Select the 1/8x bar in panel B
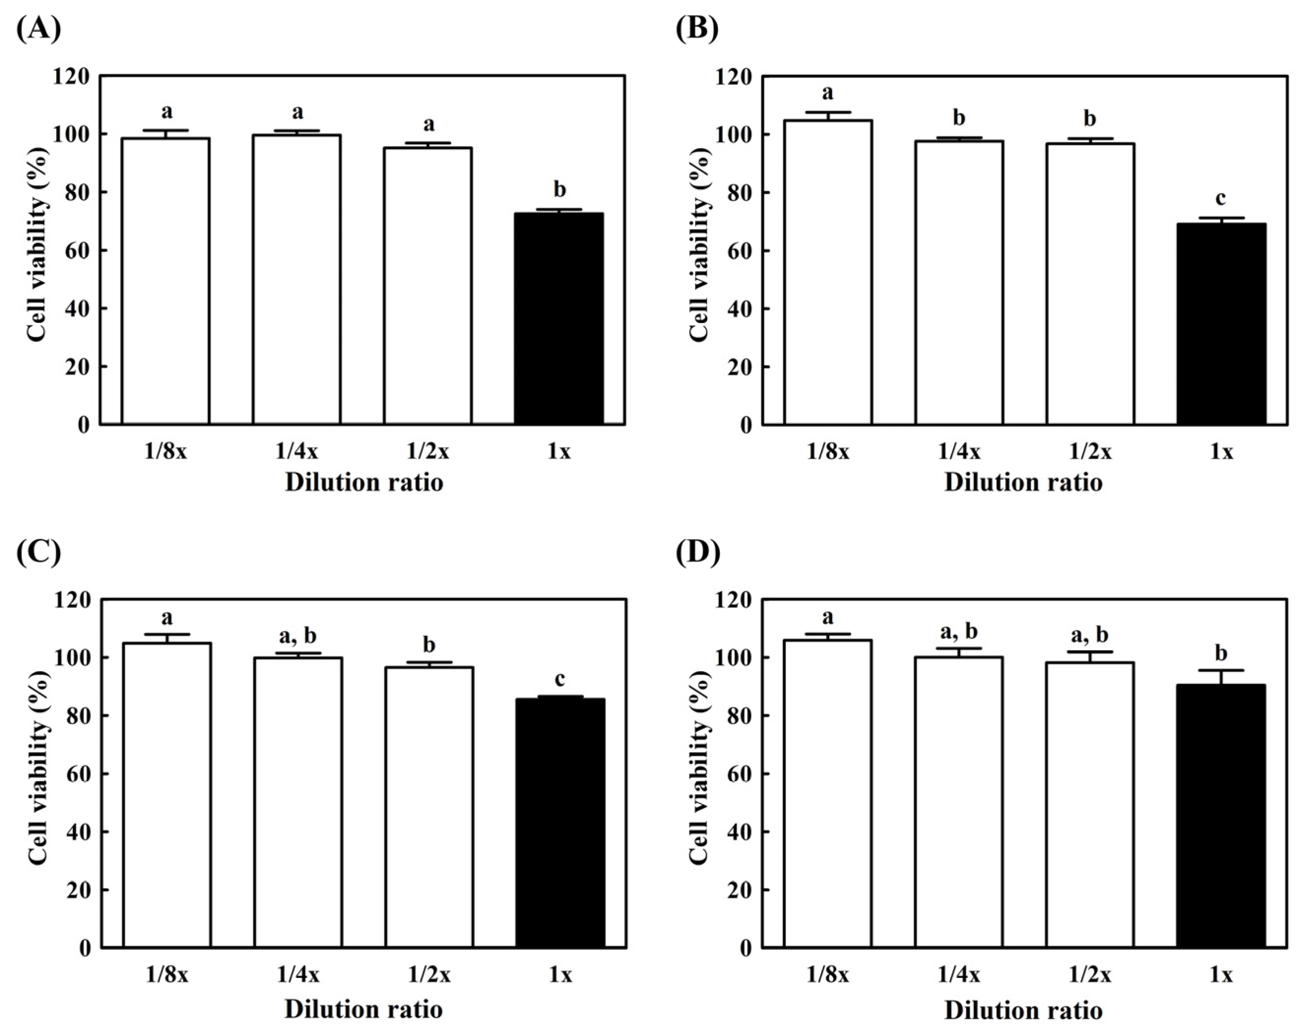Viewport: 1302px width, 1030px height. (828, 271)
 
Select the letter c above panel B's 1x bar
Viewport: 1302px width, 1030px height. (1221, 198)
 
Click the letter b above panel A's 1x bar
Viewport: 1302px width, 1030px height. (559, 190)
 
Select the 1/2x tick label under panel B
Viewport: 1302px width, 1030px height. (1090, 451)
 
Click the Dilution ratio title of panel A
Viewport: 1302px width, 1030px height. (364, 483)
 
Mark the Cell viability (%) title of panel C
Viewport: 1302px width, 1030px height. (37, 768)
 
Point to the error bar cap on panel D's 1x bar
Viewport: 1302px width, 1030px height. (1221, 670)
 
